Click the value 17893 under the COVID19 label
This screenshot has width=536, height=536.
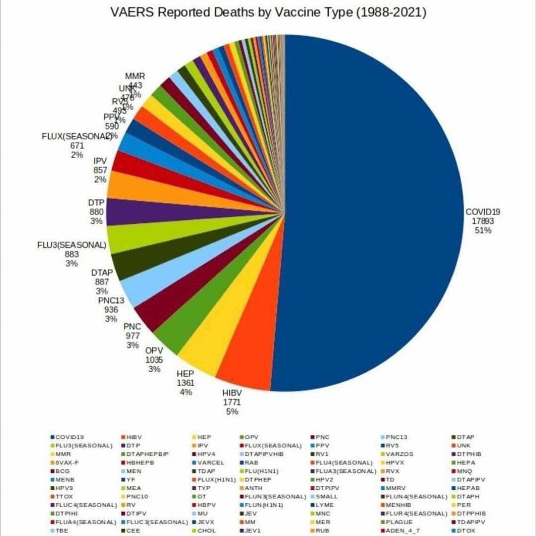(x=482, y=221)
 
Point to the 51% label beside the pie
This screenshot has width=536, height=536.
(x=483, y=230)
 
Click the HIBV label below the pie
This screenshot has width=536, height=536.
(x=232, y=393)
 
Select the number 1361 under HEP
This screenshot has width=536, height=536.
(x=185, y=383)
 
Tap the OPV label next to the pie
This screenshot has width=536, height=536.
(x=154, y=351)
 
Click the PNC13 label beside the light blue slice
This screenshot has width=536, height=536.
(x=111, y=301)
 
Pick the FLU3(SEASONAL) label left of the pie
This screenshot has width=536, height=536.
(x=71, y=245)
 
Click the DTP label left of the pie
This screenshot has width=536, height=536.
(x=96, y=202)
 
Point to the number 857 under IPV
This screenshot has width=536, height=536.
(x=100, y=170)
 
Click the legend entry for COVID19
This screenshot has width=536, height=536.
(x=69, y=437)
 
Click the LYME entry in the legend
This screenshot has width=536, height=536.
(x=325, y=505)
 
